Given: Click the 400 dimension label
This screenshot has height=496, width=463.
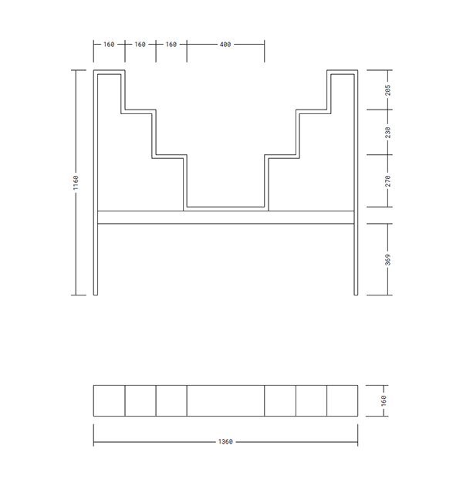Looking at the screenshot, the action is (225, 45).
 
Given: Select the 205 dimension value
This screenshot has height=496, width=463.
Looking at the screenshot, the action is (388, 90).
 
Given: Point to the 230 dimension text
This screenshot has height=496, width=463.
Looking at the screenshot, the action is (388, 132).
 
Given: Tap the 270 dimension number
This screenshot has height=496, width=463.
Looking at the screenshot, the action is (388, 181).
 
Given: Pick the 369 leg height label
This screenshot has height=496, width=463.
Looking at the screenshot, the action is (388, 260).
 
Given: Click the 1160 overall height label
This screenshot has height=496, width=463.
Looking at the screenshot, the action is (76, 183).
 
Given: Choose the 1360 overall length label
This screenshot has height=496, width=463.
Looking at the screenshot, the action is (225, 441).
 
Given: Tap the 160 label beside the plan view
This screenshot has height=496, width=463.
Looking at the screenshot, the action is (384, 400).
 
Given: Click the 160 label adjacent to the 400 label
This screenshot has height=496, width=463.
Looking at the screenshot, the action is (171, 45).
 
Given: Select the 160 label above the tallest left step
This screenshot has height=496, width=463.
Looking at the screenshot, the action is (109, 45).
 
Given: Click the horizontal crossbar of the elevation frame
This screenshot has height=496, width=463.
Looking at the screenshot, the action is (225, 218).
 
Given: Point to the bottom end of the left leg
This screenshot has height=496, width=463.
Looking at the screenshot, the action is (96, 295).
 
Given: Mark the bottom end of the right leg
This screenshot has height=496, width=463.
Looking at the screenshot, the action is (356, 295).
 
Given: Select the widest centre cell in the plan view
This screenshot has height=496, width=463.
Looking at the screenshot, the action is (225, 400).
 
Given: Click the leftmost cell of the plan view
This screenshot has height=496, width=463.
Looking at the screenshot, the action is (109, 400).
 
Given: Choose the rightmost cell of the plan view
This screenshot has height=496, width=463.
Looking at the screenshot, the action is (343, 400).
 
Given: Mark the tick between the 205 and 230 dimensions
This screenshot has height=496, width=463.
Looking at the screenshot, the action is (388, 110).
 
